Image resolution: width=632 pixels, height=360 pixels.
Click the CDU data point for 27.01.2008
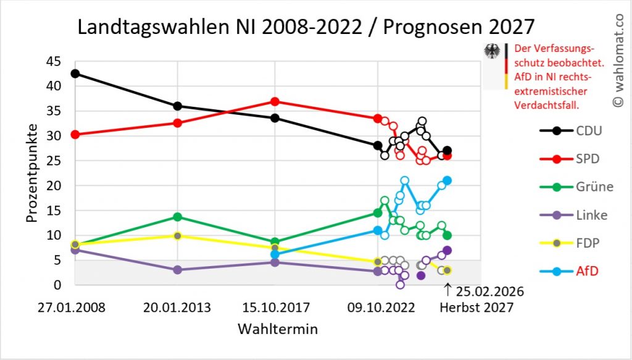point(75,73)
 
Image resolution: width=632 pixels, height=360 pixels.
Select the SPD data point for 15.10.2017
point(275,101)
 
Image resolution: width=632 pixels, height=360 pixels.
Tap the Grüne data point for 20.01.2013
point(178,217)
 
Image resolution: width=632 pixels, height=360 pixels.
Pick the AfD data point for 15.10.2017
point(275,254)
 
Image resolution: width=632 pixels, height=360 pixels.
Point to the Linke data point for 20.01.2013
point(178,270)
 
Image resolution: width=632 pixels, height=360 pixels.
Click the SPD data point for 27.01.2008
point(75,135)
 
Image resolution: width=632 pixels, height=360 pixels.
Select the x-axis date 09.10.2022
point(377,308)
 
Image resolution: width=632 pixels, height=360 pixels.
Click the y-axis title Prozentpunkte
point(32,174)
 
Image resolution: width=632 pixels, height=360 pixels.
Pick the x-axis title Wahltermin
point(278,329)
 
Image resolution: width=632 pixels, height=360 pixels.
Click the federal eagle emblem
point(493,52)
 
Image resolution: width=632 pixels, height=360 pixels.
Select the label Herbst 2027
point(476,308)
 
